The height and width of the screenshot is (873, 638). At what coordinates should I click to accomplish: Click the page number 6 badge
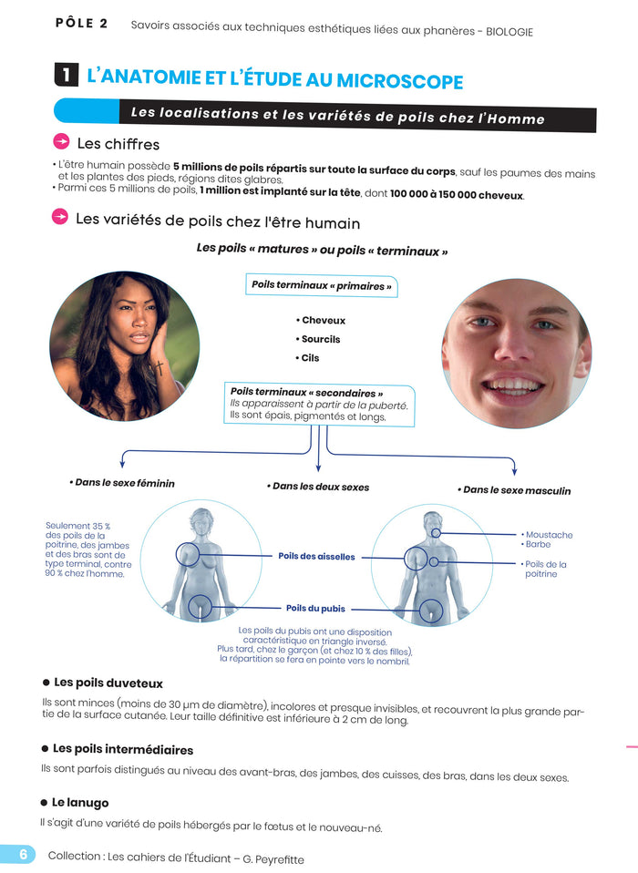pyautogui.click(x=20, y=854)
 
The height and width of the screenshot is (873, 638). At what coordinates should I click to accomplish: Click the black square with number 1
pyautogui.click(x=67, y=77)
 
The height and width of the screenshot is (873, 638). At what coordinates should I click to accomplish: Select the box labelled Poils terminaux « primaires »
pyautogui.click(x=321, y=286)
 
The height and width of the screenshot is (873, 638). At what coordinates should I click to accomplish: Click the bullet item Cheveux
pyautogui.click(x=322, y=321)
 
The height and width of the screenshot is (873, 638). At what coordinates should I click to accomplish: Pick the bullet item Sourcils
pyautogui.click(x=319, y=339)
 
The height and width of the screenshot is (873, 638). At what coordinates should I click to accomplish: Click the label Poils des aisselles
pyautogui.click(x=316, y=556)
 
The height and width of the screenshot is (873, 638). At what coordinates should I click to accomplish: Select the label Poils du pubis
pyautogui.click(x=315, y=608)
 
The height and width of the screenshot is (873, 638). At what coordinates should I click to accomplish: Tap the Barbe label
pyautogui.click(x=539, y=545)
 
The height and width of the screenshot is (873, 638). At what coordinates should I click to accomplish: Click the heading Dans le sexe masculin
pyautogui.click(x=515, y=490)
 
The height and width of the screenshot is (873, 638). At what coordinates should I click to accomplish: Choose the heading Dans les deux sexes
pyautogui.click(x=319, y=487)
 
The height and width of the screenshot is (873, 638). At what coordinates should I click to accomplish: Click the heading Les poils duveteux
pyautogui.click(x=108, y=683)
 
